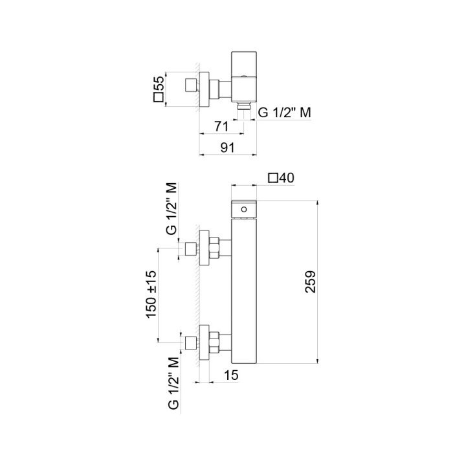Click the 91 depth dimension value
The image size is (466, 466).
pyautogui.click(x=227, y=147)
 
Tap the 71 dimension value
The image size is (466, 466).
pyautogui.click(x=220, y=126)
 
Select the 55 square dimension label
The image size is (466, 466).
pyautogui.click(x=157, y=89)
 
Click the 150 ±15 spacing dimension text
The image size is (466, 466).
pyautogui.click(x=151, y=294)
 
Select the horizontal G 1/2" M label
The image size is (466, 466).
pyautogui.click(x=285, y=113)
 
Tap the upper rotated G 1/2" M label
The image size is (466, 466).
pyautogui.click(x=172, y=208)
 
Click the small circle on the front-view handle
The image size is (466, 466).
pyautogui.click(x=244, y=210)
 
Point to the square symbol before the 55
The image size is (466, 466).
pyautogui.click(x=157, y=98)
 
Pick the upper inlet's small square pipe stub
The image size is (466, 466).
pyautogui.click(x=191, y=249)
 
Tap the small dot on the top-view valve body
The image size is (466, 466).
pyautogui.click(x=243, y=76)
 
